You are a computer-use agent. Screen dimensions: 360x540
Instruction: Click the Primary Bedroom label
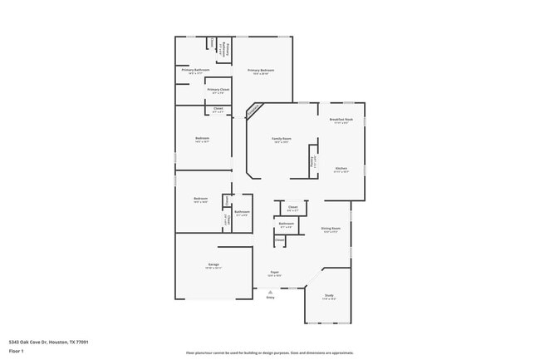pos(261,71)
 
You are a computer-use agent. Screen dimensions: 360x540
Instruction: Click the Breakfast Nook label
pos(341,120)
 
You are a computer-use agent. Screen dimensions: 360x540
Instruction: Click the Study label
pos(329,295)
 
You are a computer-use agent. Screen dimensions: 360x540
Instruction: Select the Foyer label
pos(274,272)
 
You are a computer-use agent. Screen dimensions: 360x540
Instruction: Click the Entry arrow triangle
pos(270,291)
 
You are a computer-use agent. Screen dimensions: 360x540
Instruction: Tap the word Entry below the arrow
pos(270,298)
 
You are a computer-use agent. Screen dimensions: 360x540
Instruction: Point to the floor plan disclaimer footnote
pos(269,353)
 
